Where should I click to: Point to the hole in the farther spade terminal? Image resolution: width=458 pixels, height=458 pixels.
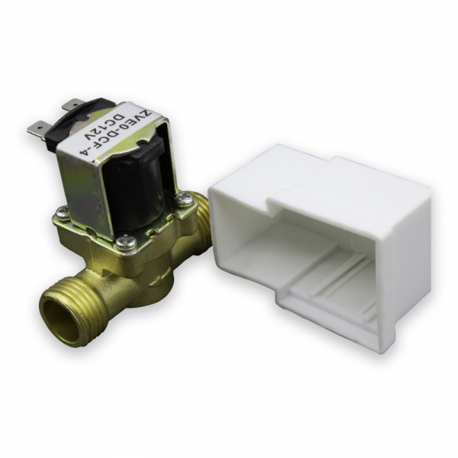coord(75,103)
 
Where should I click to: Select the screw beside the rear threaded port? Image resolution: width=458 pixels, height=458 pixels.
coord(184,198)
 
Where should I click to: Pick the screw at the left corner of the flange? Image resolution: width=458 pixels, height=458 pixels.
coord(63,211)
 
